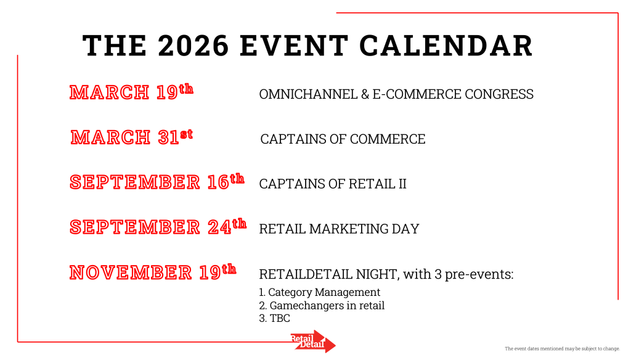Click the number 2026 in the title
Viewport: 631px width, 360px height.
193,46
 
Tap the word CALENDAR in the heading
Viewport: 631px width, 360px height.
446,46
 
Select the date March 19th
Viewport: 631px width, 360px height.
131,92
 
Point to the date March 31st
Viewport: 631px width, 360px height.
132,137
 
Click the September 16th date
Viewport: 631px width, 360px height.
157,182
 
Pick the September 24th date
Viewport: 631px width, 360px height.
158,226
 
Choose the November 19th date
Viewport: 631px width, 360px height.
153,272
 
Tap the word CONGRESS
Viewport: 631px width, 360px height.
499,94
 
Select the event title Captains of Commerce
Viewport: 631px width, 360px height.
343,139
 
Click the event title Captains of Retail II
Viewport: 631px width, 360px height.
333,184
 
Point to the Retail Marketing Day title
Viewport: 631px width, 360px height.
340,229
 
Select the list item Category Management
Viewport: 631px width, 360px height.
320,292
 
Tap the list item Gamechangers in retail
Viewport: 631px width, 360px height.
322,305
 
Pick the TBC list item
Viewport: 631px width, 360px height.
274,318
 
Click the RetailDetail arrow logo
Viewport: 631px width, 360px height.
313,342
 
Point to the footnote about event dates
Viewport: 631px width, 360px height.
562,349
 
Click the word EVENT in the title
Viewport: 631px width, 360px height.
294,46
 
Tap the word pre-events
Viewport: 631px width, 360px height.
479,275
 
